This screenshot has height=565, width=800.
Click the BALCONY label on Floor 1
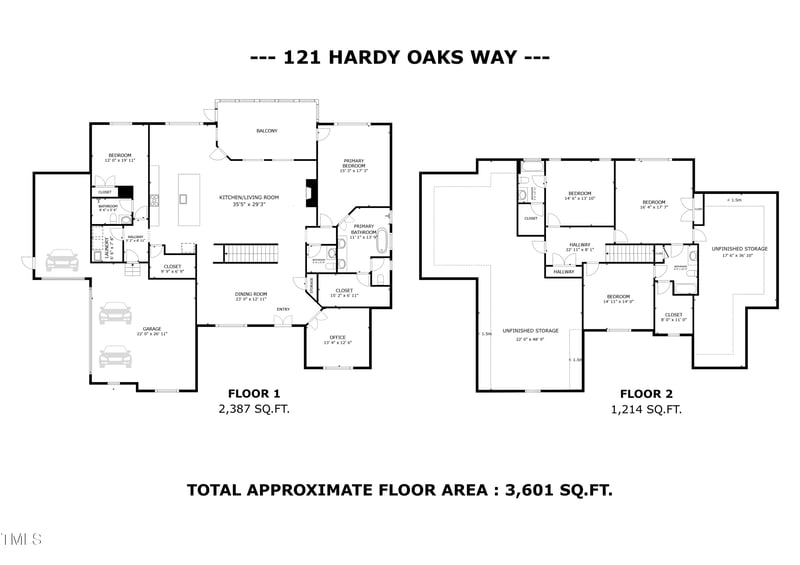click(x=266, y=131)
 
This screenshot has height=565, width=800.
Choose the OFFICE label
click(x=338, y=338)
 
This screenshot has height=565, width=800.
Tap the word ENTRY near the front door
click(x=283, y=309)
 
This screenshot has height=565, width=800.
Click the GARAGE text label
click(x=152, y=329)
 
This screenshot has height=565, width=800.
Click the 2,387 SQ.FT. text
click(x=254, y=409)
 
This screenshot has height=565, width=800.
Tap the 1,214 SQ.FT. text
click(x=646, y=409)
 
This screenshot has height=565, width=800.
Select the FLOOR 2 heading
click(x=646, y=393)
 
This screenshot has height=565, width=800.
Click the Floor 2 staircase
click(x=628, y=253)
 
